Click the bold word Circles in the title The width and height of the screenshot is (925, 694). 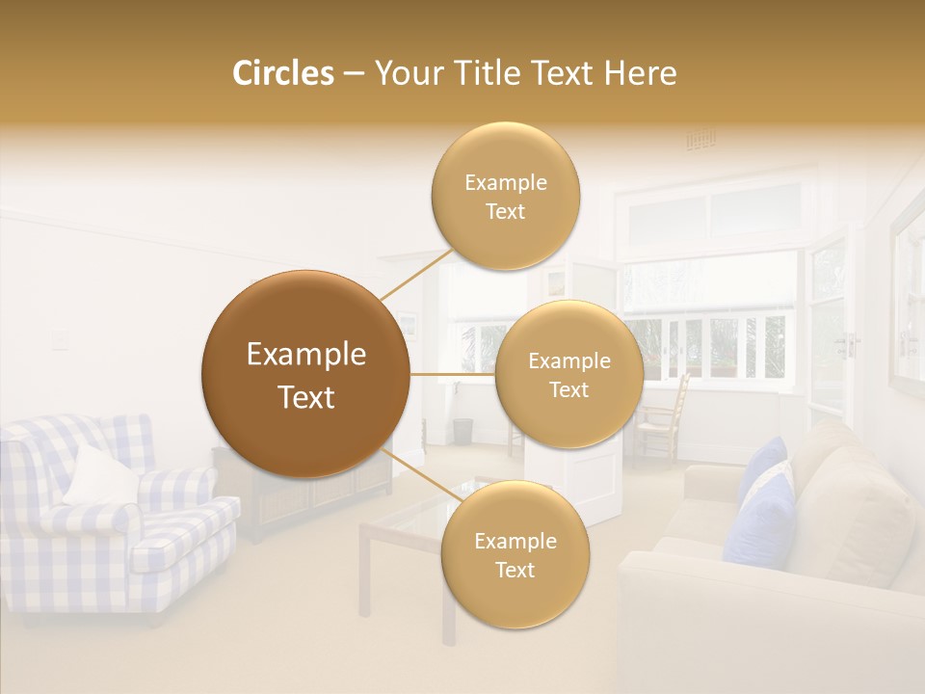282,73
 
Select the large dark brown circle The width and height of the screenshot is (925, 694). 305,374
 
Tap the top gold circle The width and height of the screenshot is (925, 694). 505,196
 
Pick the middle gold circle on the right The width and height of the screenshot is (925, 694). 568,374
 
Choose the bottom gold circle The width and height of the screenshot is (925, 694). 515,554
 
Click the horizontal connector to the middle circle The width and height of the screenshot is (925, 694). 452,374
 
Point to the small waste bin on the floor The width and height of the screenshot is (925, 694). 462,431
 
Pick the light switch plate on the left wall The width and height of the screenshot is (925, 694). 60,337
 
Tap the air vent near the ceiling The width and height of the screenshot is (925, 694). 700,141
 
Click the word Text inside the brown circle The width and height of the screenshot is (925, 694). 305,397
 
